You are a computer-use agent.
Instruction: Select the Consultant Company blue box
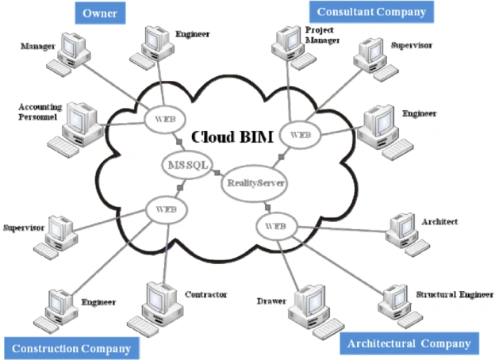(370, 11)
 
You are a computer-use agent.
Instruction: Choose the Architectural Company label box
(409, 343)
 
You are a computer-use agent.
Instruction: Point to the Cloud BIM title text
(232, 136)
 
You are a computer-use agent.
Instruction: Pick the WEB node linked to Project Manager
(300, 135)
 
